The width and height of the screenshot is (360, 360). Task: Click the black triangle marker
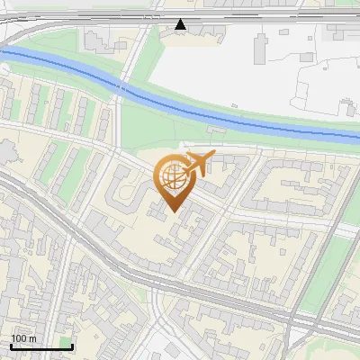(x=181, y=24)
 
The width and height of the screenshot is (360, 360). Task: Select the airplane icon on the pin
(x=198, y=163)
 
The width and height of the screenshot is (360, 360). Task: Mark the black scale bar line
(x=41, y=346)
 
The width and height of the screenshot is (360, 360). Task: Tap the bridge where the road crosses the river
(x=121, y=86)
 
